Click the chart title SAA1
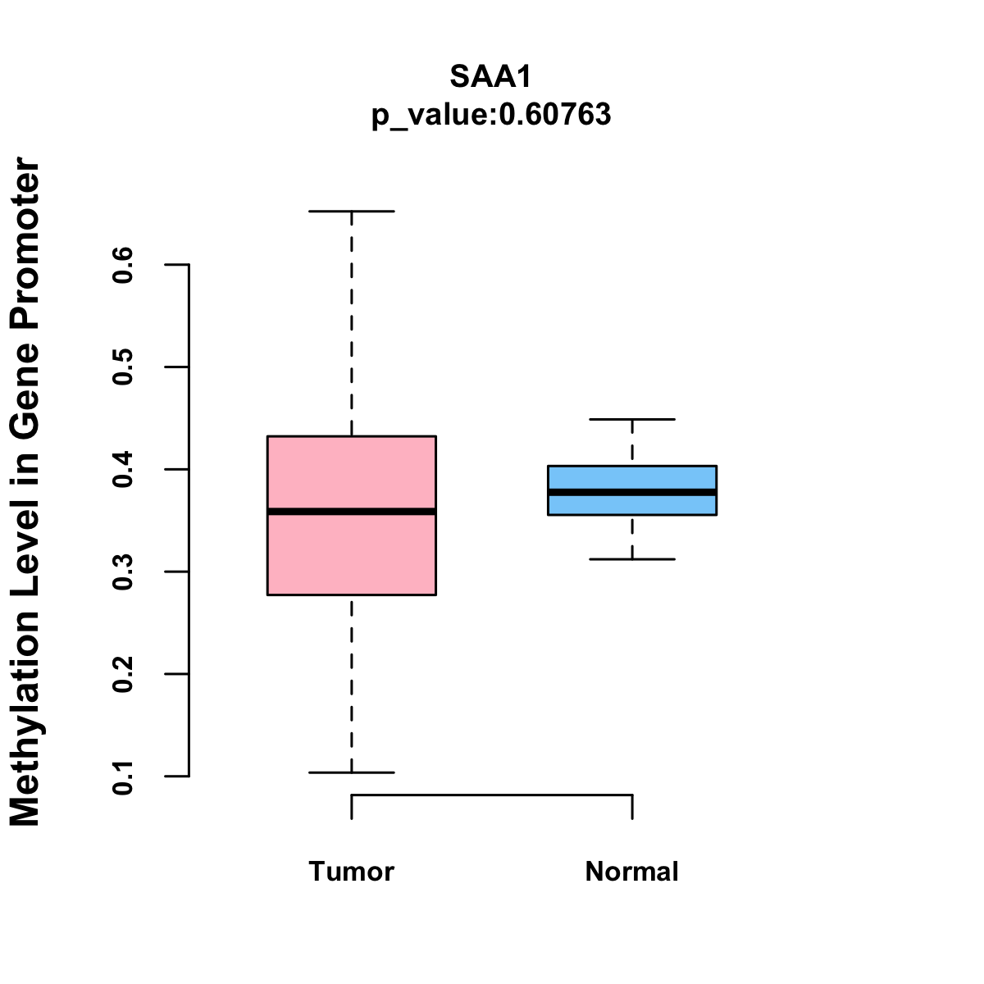tap(491, 77)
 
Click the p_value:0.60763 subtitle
tap(491, 115)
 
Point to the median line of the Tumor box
tap(352, 512)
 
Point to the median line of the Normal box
tap(632, 492)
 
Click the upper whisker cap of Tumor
tap(352, 212)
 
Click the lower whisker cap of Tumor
tap(352, 772)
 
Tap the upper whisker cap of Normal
tap(632, 419)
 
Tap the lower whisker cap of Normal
tap(632, 559)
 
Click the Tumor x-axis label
tap(352, 872)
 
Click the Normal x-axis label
tap(632, 872)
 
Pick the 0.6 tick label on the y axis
tap(124, 265)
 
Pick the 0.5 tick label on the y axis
tap(124, 367)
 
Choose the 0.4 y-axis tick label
tap(124, 469)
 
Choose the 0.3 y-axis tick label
tap(124, 572)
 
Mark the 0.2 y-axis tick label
tap(124, 674)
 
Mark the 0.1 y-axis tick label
tap(124, 777)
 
